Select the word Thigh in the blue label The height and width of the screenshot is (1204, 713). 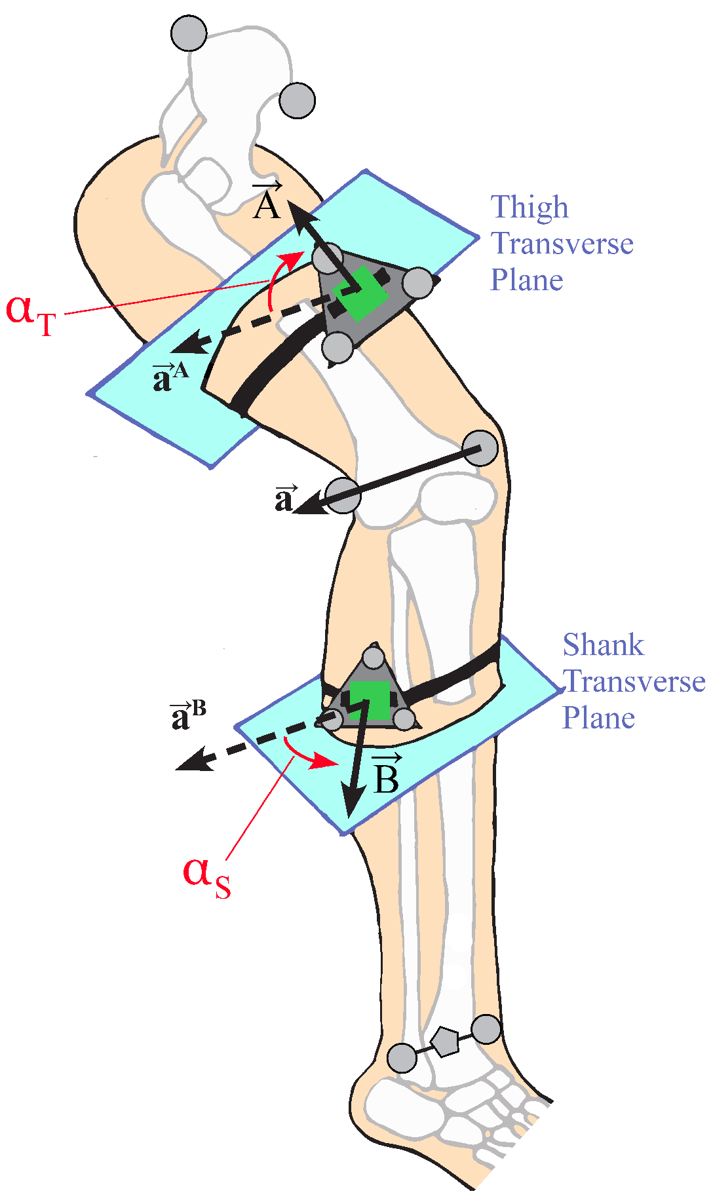530,208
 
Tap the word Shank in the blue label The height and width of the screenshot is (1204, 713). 603,645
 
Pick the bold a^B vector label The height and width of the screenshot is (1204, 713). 187,715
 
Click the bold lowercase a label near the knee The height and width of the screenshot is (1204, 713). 284,499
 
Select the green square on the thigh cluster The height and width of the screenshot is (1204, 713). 360,293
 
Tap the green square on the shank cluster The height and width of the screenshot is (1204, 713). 369,700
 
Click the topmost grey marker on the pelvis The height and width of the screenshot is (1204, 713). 189,33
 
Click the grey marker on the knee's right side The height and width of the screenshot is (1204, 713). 480,448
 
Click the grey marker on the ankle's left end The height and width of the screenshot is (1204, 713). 402,1058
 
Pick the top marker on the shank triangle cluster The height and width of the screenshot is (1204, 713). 373,657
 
